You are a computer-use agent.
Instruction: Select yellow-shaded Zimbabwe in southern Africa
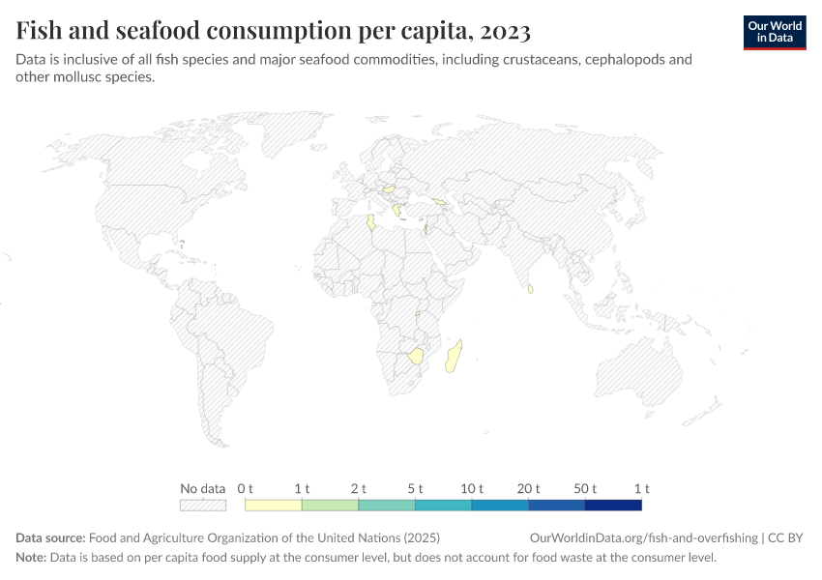point(417,356)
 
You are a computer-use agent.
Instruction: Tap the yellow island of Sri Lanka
point(530,288)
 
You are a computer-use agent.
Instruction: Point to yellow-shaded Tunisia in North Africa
point(370,224)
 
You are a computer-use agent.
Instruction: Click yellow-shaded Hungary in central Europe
point(391,189)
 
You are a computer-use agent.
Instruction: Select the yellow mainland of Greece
point(397,211)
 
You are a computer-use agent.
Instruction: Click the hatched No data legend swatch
point(203,505)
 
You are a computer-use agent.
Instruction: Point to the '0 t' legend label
point(246,488)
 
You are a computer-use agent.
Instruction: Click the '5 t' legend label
point(415,488)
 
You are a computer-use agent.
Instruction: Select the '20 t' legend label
point(528,488)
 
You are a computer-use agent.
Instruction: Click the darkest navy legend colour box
point(613,505)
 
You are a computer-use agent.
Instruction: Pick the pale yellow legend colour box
point(274,505)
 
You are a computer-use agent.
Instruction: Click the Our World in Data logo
point(774,32)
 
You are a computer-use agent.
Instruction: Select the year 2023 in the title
point(504,32)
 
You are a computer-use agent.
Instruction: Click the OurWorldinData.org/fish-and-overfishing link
point(643,538)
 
